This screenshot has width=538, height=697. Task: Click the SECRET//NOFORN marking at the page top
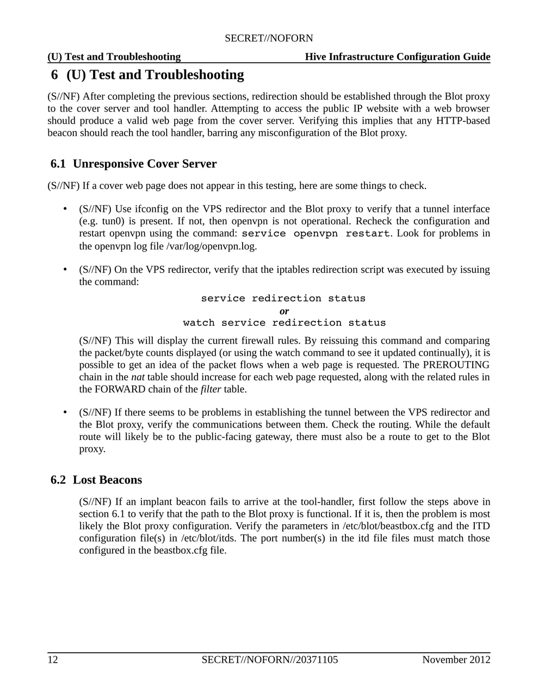point(269,38)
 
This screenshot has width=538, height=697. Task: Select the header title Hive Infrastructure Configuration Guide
point(397,57)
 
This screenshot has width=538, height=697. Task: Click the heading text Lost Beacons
point(107,480)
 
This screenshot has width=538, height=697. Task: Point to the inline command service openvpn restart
point(316,234)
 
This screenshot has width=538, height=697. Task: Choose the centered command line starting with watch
point(284,323)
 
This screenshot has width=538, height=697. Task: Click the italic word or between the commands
point(284,311)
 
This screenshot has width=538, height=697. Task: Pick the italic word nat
point(138,377)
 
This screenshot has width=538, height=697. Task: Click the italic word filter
point(211,389)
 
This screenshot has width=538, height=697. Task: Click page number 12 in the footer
point(53,660)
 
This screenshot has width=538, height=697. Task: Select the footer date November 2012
point(456,660)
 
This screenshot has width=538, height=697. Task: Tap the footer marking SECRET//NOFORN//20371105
point(269,660)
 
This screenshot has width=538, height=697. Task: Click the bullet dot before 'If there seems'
point(65,412)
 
